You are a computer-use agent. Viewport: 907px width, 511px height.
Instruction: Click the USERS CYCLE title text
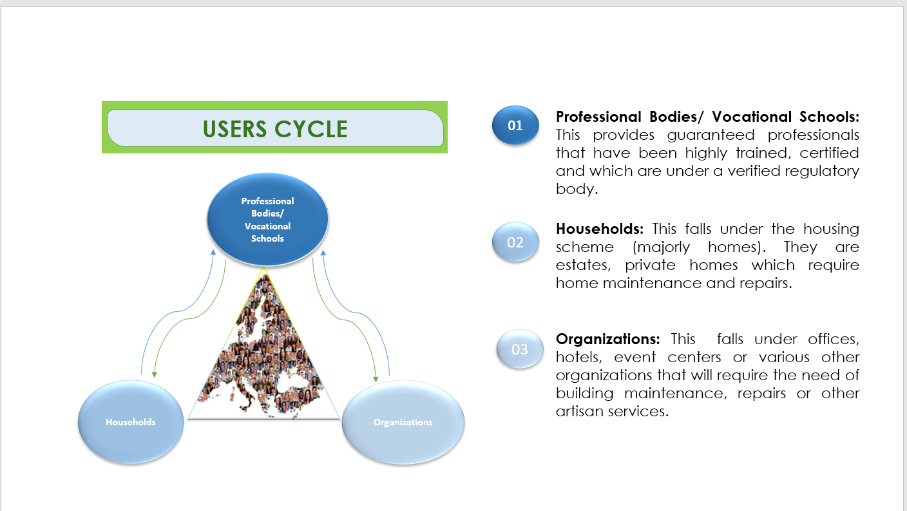[x=275, y=129]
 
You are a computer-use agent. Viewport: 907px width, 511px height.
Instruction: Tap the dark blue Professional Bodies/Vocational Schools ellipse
[x=267, y=220]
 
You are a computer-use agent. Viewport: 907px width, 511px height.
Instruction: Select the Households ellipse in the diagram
[x=131, y=422]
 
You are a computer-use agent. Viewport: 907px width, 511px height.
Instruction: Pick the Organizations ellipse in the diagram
[x=403, y=422]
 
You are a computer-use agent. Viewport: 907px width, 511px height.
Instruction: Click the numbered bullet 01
[x=515, y=126]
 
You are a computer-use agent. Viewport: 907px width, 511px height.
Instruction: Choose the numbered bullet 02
[x=515, y=242]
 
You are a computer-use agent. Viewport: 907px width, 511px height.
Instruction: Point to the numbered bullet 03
[x=519, y=349]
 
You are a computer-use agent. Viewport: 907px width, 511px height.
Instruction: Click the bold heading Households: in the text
[x=600, y=229]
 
